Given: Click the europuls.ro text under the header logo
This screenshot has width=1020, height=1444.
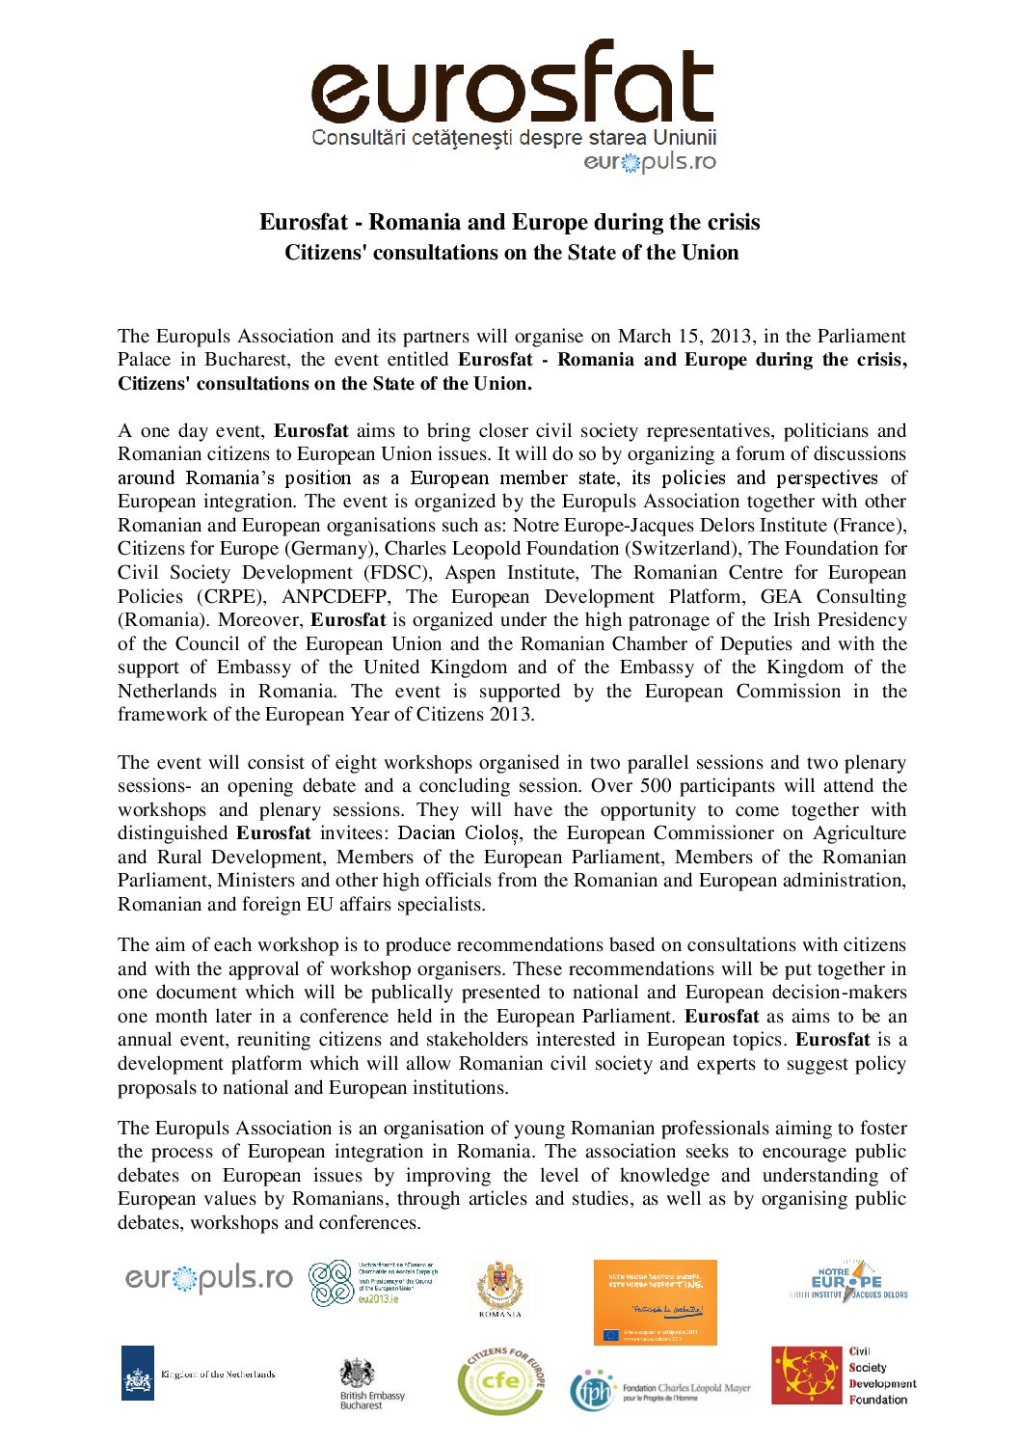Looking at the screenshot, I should (x=650, y=162).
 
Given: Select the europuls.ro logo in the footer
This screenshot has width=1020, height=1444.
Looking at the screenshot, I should (x=208, y=1279).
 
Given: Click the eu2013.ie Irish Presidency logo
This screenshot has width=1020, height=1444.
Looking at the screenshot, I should (x=372, y=1284).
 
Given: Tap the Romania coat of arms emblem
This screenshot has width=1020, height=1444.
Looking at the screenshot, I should (x=500, y=1287).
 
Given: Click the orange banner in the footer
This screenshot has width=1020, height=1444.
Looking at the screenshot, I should (x=655, y=1301).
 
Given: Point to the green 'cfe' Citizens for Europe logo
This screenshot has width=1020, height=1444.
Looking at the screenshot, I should (x=500, y=1381).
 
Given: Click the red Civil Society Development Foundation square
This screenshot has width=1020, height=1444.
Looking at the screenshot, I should (x=806, y=1375).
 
